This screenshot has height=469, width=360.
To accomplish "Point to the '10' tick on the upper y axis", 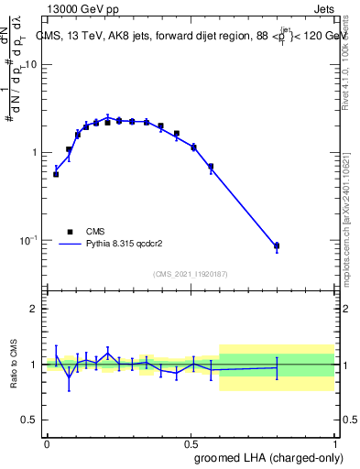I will [31, 65].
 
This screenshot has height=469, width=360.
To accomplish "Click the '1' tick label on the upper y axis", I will [36, 152].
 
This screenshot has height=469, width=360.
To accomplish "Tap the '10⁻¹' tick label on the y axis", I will [29, 240].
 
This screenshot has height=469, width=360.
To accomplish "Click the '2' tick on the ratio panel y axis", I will [36, 310].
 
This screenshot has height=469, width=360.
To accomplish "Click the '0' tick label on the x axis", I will [47, 443].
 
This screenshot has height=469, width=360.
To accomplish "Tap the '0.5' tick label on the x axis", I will [191, 443].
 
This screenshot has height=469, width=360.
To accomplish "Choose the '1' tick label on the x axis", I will [334, 443].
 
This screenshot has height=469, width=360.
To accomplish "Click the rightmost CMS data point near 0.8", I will [277, 245].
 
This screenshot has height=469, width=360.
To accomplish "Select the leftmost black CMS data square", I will [56, 174].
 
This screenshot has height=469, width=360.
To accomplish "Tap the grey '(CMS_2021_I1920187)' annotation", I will [191, 274].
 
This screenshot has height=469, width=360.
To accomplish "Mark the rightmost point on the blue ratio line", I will [277, 367].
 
